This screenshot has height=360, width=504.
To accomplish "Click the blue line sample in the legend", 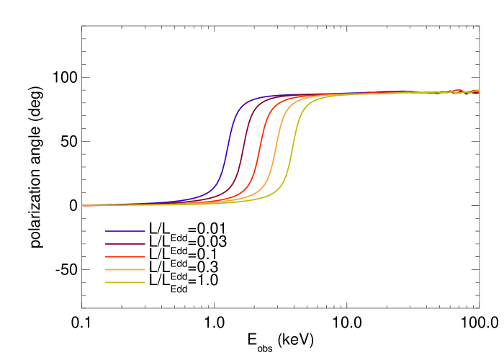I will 125,231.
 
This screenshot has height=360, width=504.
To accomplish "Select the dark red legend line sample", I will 125,244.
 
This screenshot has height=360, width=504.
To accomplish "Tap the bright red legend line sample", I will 125,256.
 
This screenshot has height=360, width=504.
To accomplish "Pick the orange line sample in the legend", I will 125,269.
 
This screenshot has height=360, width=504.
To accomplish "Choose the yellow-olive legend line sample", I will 125,282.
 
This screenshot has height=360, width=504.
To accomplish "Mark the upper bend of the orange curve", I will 289,102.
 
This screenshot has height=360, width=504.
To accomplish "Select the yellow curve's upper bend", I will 307,102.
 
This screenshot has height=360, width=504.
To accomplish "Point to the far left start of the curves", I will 84,205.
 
